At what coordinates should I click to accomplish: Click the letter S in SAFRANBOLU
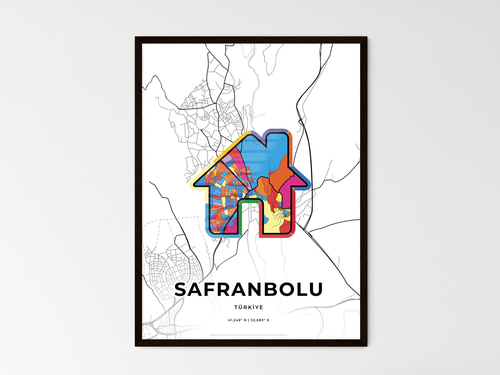(182, 290)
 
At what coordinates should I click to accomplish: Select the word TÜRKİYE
(248, 307)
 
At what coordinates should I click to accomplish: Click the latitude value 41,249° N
(237, 320)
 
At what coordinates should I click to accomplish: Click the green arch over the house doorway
(249, 200)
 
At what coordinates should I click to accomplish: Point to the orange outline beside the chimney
(291, 142)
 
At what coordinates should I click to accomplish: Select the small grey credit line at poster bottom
(248, 335)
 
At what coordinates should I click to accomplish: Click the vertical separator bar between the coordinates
(248, 320)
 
